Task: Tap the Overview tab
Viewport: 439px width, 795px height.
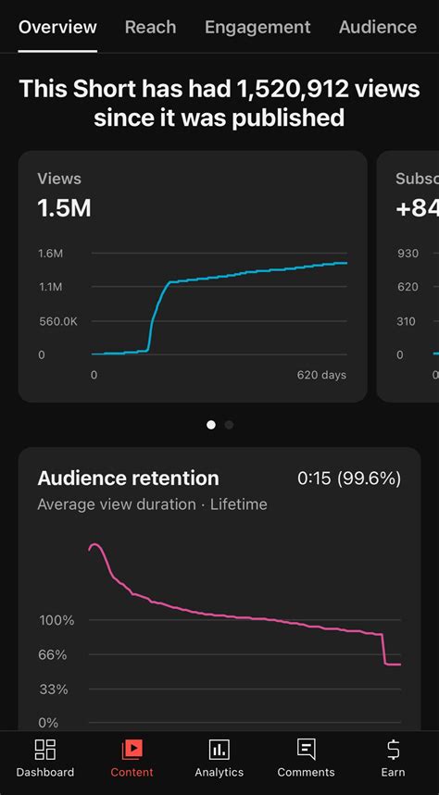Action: coord(57,27)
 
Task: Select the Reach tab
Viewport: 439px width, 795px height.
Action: coord(151,27)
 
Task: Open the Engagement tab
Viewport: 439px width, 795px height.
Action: coord(257,27)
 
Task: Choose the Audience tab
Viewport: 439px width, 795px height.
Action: coord(378,27)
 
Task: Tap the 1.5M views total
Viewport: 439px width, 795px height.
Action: coord(64,208)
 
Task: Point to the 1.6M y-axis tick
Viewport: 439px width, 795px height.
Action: coord(50,253)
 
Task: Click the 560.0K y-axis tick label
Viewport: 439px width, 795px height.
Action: coord(57,321)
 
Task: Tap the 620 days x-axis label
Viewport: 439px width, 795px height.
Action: coord(321,375)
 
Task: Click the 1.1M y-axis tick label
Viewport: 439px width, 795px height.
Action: coord(50,287)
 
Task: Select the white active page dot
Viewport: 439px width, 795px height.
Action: coord(211,425)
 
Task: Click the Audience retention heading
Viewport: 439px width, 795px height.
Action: coord(128,478)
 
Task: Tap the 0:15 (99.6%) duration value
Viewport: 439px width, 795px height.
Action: coord(348,478)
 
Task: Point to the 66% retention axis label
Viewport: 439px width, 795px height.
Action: coord(54,655)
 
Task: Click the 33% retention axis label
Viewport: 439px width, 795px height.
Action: coord(54,689)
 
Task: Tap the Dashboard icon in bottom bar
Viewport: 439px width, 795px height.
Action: coord(44,750)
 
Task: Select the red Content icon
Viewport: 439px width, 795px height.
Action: coord(132,750)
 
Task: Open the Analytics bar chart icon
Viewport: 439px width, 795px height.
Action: coord(219,750)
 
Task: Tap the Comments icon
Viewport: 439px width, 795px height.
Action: coord(307,750)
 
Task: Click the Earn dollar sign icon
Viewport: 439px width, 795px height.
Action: coord(393,750)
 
